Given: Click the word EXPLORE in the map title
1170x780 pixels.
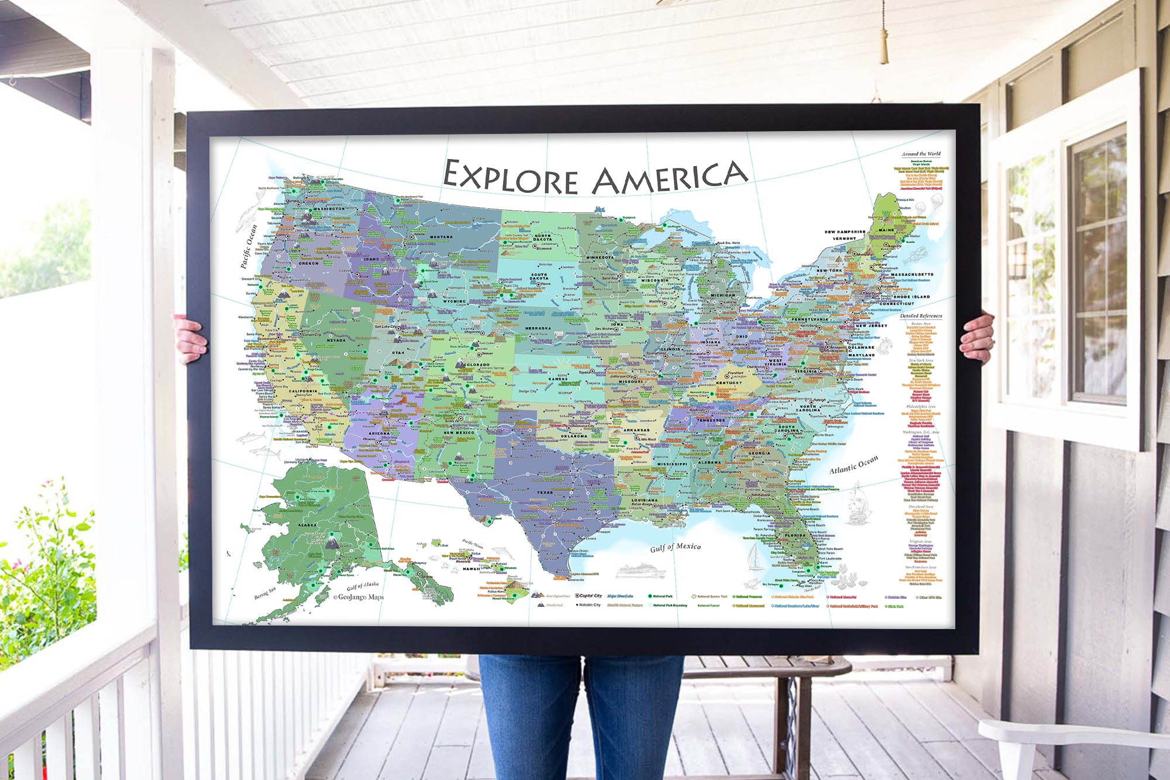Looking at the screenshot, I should (510, 177).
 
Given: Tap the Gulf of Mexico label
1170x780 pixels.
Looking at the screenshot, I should (675, 547).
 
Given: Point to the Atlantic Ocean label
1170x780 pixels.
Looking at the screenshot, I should (854, 465).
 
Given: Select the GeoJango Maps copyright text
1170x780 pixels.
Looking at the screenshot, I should (358, 597).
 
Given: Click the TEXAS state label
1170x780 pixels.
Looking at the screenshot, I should (545, 492).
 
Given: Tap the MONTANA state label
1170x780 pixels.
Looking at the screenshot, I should (441, 237).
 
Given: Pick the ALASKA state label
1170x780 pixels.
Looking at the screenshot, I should (307, 525).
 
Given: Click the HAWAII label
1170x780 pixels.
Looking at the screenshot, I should (471, 568).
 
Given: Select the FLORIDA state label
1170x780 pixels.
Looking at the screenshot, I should (795, 535).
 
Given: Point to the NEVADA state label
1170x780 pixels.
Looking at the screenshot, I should (336, 340).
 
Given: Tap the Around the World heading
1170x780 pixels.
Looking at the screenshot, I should (921, 154).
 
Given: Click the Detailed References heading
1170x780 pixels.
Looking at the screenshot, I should (921, 316).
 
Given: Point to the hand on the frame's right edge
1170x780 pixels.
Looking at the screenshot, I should (978, 337).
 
